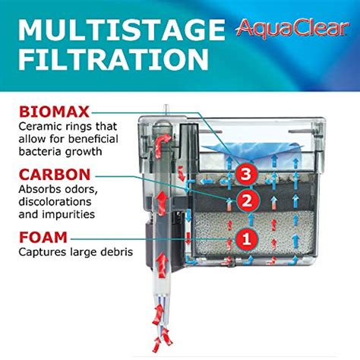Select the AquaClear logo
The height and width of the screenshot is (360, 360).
tap(286, 30)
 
